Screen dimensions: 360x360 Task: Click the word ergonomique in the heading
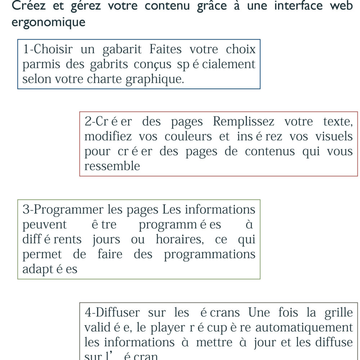tap(49, 22)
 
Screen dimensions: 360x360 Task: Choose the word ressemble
tap(112, 166)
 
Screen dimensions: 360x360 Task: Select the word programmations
tap(210, 254)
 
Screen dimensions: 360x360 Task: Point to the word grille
tap(338, 312)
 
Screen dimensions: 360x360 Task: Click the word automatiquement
tap(304, 327)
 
